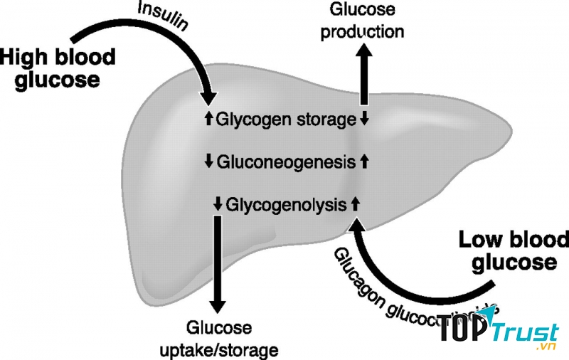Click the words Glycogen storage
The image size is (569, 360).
click(x=285, y=119)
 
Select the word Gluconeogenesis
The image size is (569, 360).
click(x=285, y=162)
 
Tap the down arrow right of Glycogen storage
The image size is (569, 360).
click(x=364, y=119)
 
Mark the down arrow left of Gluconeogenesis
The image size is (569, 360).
click(x=208, y=162)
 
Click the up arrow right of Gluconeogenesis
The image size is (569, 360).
click(x=364, y=162)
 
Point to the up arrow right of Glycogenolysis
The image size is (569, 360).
click(x=356, y=204)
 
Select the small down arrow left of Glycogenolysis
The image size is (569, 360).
click(x=218, y=204)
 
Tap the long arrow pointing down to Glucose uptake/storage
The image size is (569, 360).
click(x=218, y=263)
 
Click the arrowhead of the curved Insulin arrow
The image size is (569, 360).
click(x=208, y=98)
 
